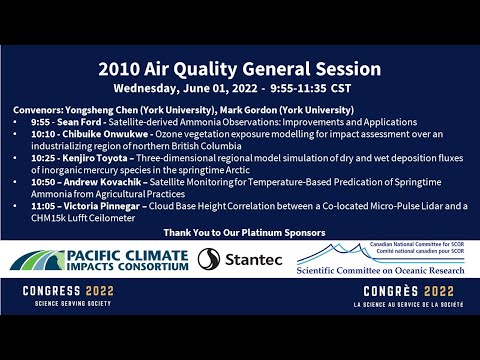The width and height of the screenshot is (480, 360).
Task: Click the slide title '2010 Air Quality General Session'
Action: click(239, 69)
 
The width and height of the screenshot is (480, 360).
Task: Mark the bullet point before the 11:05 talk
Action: click(17, 205)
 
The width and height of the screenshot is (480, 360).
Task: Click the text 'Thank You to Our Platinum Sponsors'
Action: click(240, 232)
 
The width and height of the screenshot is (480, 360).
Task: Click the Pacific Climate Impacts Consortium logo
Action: click(99, 259)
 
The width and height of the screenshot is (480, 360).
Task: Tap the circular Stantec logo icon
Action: click(208, 259)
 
